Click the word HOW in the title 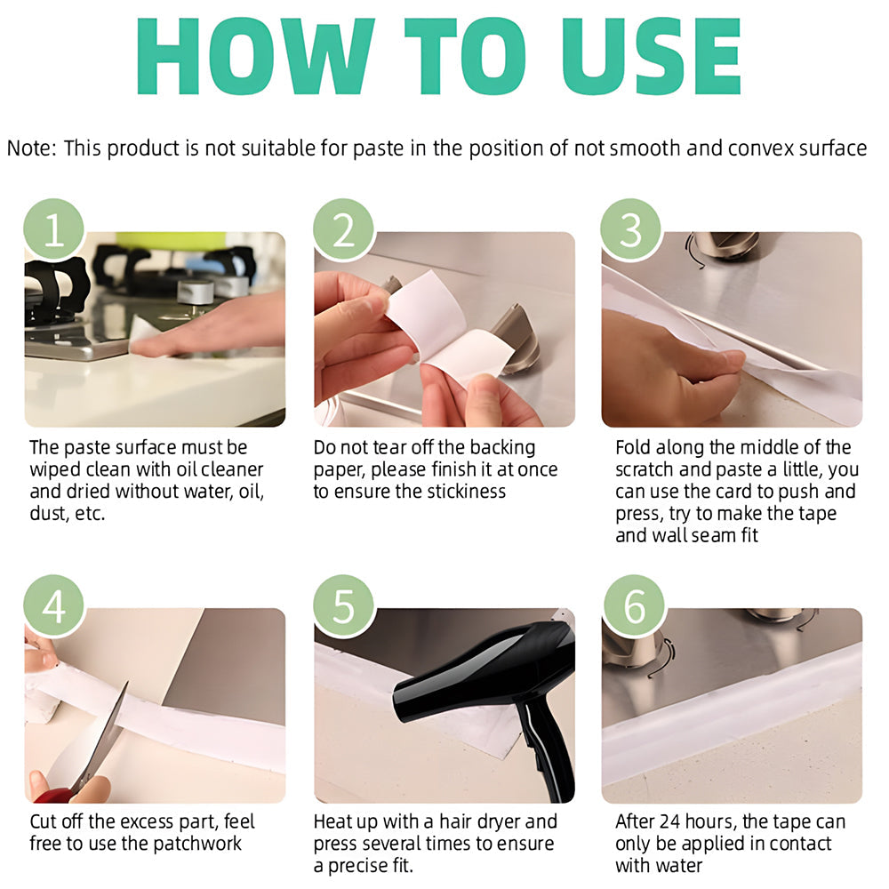pos(256,56)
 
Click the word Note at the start pos(29,148)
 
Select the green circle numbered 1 pos(54,229)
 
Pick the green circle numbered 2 pos(344,229)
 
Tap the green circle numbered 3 pos(631,229)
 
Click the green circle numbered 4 pos(54,605)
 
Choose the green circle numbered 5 pos(344,605)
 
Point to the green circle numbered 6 pos(634,605)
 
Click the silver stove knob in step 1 pos(195,292)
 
